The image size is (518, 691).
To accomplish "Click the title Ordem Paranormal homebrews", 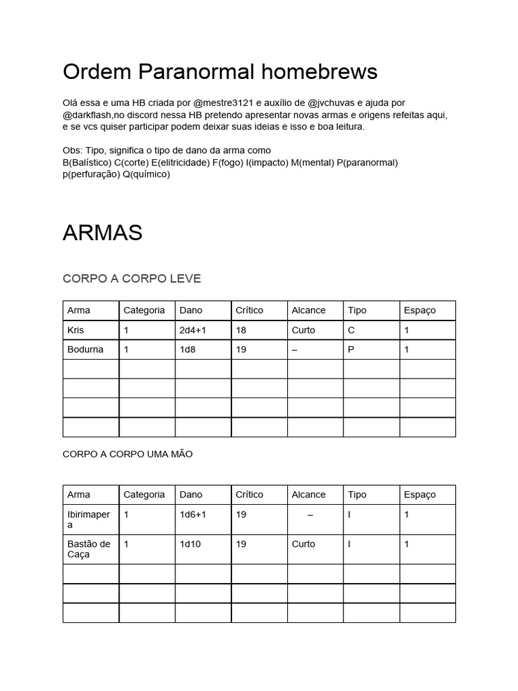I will (x=220, y=71).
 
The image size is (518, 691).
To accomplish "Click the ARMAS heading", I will (x=103, y=233).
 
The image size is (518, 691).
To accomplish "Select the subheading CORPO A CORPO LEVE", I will (x=132, y=279).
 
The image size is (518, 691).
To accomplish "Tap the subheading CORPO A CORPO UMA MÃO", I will (x=127, y=454).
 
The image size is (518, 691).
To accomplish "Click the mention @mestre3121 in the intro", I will (x=223, y=103).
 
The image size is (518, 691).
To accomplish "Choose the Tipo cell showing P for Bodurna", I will (x=351, y=350).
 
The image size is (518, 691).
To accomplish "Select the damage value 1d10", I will (x=190, y=544).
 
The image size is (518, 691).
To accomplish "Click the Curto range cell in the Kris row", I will (x=304, y=330).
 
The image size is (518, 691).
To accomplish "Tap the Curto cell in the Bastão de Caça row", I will (x=304, y=544).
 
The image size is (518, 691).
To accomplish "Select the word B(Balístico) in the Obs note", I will (x=87, y=162).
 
